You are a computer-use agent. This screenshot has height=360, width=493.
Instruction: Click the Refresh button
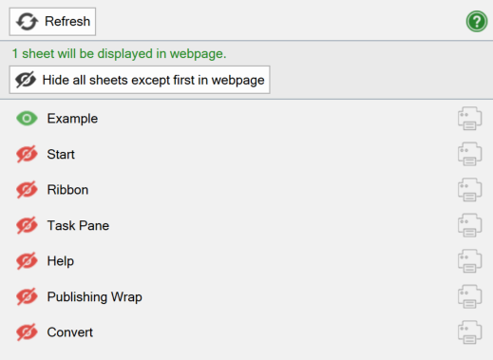pyautogui.click(x=52, y=21)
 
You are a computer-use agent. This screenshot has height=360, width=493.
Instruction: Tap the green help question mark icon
pyautogui.click(x=476, y=21)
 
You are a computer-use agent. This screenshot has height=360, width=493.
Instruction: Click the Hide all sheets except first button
pyautogui.click(x=140, y=79)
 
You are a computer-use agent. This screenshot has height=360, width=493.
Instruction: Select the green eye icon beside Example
pyautogui.click(x=27, y=119)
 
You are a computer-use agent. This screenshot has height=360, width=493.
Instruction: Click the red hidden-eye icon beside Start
pyautogui.click(x=27, y=154)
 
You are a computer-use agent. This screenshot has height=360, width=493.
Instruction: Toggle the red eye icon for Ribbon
pyautogui.click(x=27, y=190)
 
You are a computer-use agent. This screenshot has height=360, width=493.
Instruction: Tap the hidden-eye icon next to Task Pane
pyautogui.click(x=27, y=226)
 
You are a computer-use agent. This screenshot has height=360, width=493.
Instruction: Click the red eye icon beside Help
pyautogui.click(x=27, y=261)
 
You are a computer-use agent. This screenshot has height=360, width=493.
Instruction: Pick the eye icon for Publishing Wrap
pyautogui.click(x=27, y=297)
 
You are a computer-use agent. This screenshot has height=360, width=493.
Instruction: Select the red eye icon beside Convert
pyautogui.click(x=27, y=332)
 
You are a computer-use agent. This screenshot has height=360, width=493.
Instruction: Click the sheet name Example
pyautogui.click(x=72, y=119)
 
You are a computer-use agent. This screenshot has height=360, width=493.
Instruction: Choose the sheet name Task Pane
pyautogui.click(x=78, y=226)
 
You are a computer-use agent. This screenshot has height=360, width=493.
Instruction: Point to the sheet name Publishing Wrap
pyautogui.click(x=94, y=297)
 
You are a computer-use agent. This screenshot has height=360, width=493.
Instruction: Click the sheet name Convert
pyautogui.click(x=69, y=332)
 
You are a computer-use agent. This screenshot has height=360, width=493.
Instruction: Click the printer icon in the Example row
pyautogui.click(x=469, y=119)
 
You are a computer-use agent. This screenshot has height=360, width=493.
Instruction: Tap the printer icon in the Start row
pyautogui.click(x=469, y=154)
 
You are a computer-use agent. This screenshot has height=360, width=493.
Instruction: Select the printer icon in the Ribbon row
pyautogui.click(x=469, y=190)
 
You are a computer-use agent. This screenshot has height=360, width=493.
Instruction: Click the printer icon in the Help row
pyautogui.click(x=469, y=261)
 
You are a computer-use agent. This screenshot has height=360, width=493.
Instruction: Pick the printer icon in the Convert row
pyautogui.click(x=469, y=332)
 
